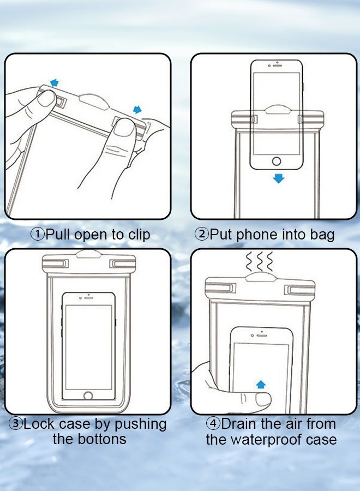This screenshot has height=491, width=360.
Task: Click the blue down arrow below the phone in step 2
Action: [x=279, y=178]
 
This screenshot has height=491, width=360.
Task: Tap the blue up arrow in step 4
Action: [x=261, y=384]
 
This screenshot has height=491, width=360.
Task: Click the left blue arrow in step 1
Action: [x=54, y=83]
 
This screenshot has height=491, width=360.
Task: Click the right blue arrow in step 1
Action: [x=137, y=110]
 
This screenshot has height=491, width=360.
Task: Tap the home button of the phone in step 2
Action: [x=277, y=161]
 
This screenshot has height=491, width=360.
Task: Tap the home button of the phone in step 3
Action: [x=88, y=395]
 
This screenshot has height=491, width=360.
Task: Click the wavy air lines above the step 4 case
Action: [x=259, y=263]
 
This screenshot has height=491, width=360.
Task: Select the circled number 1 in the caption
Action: [x=37, y=235]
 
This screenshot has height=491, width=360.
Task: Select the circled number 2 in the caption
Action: [x=202, y=235]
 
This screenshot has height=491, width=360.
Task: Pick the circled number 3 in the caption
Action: [x=16, y=424]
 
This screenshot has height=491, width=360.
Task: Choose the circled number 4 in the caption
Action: [x=213, y=424]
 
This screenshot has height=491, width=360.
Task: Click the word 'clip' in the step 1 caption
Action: [x=139, y=235]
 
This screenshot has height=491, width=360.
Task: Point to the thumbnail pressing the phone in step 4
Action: [x=263, y=399]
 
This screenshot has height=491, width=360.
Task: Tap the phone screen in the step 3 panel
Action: [x=88, y=346]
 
